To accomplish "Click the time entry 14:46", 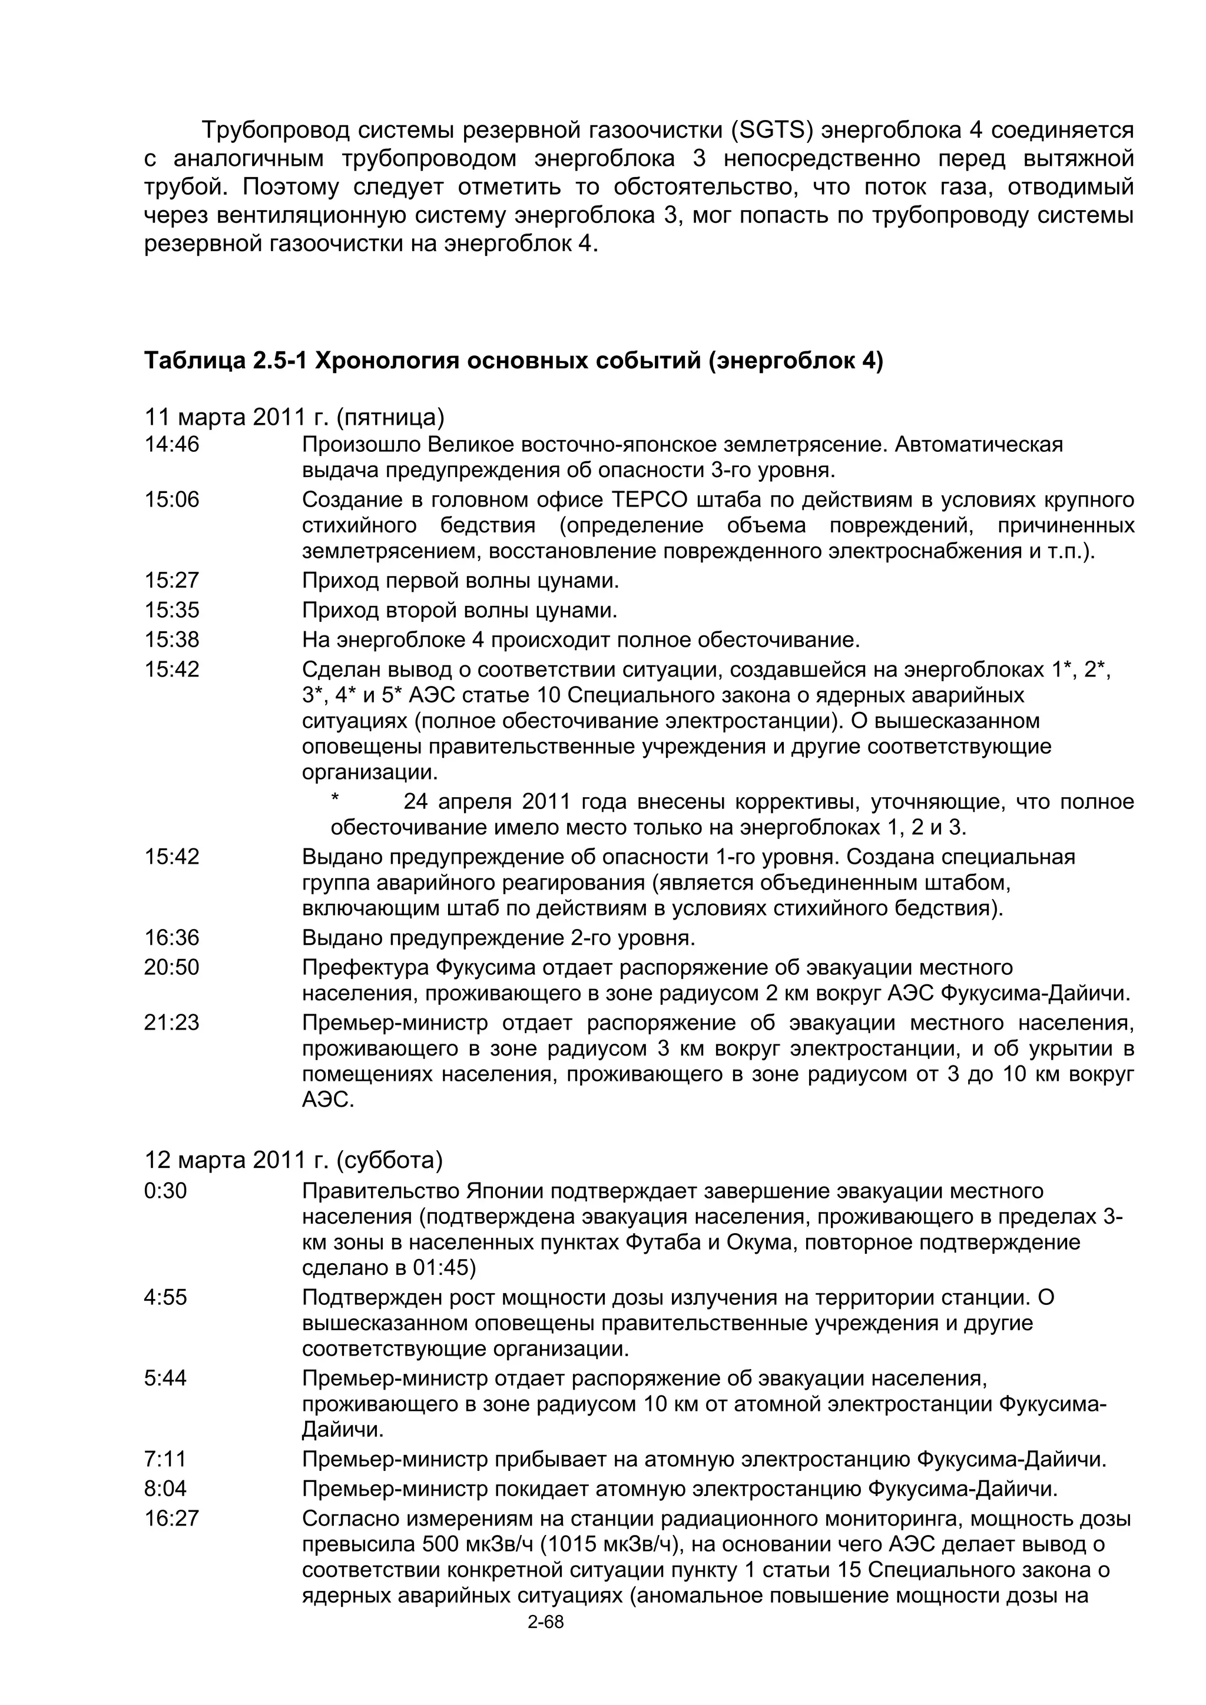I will coord(171,445).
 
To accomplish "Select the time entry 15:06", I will coord(171,499).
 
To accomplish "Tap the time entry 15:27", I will coord(171,580).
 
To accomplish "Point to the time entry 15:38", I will coord(171,640).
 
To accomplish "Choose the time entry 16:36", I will coord(171,938).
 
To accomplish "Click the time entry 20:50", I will coord(171,968).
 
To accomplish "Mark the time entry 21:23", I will coord(171,1023).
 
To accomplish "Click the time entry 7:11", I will coord(165,1459).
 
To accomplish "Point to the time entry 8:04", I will coord(165,1489).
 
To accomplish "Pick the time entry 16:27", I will coord(171,1518).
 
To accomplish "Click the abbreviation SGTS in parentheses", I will coord(772,131).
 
